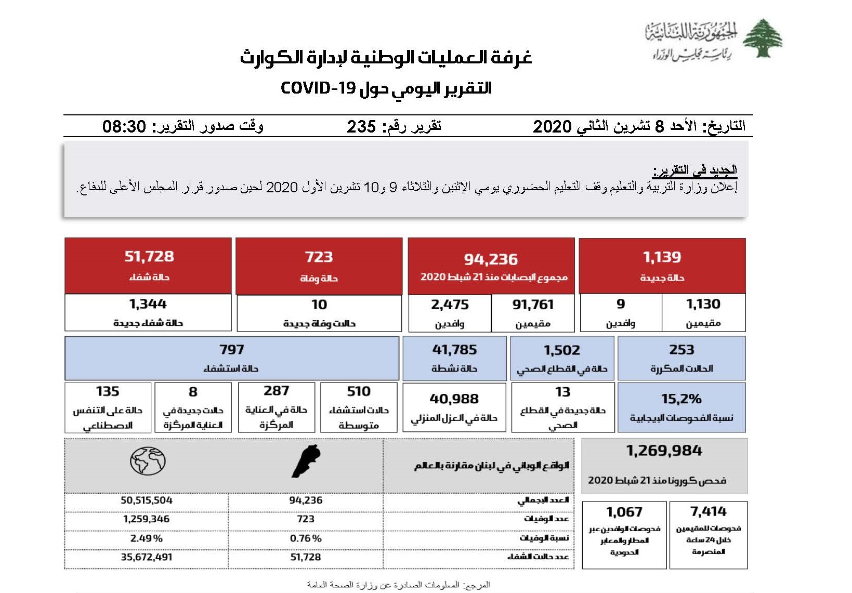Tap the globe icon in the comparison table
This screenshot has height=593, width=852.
tap(148, 461)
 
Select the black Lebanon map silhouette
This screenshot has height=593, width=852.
tap(306, 461)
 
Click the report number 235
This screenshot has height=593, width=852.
tap(361, 126)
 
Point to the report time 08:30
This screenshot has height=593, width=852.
tap(124, 126)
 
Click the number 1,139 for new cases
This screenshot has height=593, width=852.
tap(662, 257)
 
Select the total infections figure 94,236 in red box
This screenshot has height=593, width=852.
tap(491, 259)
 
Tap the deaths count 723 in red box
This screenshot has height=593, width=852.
tap(319, 257)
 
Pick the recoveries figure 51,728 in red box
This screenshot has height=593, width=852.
tap(149, 256)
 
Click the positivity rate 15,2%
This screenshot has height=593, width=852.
tap(681, 399)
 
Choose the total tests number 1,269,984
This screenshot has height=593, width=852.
tap(664, 451)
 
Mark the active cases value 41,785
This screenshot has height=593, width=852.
tap(454, 350)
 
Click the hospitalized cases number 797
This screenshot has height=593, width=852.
tap(231, 349)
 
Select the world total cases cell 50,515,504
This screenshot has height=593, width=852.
tap(147, 500)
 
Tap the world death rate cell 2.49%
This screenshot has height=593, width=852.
tap(147, 538)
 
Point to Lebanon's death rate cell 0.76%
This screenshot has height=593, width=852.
tap(306, 538)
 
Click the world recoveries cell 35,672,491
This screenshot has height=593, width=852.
tap(147, 557)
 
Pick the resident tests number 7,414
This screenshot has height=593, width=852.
tap(708, 511)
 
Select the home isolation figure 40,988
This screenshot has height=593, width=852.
tap(454, 399)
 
